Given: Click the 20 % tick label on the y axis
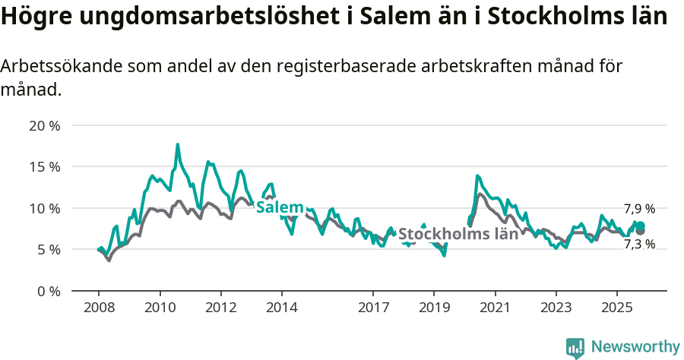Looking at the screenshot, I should [44, 125].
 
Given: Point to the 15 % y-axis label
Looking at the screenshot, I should [44, 166].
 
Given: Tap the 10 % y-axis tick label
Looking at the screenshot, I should [44, 208].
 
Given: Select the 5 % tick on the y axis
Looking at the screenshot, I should [47, 249].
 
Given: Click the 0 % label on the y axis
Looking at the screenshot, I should [47, 291].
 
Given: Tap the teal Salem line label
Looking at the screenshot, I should [280, 207].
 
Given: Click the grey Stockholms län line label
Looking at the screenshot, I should [458, 234].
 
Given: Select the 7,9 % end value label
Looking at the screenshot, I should [639, 209].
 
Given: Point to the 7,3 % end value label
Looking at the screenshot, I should [639, 244].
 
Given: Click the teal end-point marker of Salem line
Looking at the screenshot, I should [640, 226].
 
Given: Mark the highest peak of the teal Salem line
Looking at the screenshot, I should [178, 144].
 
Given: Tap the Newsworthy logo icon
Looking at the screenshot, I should [575, 347].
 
